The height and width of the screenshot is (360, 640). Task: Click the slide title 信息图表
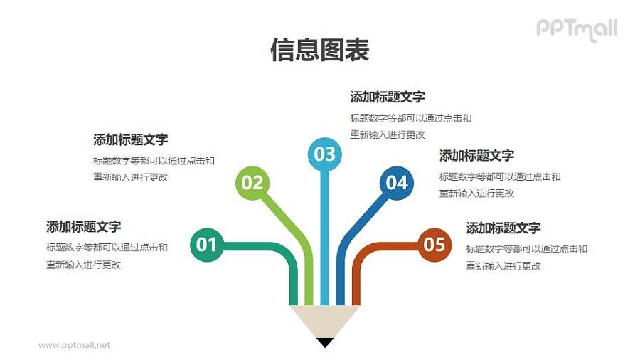coord(319,51)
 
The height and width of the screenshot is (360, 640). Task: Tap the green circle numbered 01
coord(206,245)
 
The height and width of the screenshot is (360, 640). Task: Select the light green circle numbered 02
coord(252,183)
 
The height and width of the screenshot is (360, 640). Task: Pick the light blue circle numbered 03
coord(324,154)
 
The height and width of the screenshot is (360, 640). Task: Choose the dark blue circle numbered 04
coord(396,183)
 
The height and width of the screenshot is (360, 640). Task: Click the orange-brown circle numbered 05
coord(434,245)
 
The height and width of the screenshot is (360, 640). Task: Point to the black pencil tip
coord(325,342)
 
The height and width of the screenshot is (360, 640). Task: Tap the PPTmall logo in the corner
coord(576,29)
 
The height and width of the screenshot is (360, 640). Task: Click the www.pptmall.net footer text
coord(75,345)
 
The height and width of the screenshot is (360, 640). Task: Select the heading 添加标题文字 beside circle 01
coord(83,227)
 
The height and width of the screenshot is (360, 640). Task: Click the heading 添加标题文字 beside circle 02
coord(130,139)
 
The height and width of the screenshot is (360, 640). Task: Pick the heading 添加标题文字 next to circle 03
coord(388,97)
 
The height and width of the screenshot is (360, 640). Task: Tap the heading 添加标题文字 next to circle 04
coord(476,156)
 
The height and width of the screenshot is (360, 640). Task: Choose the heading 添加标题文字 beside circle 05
coord(503,228)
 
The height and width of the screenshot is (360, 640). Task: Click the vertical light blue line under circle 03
coord(324,235)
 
